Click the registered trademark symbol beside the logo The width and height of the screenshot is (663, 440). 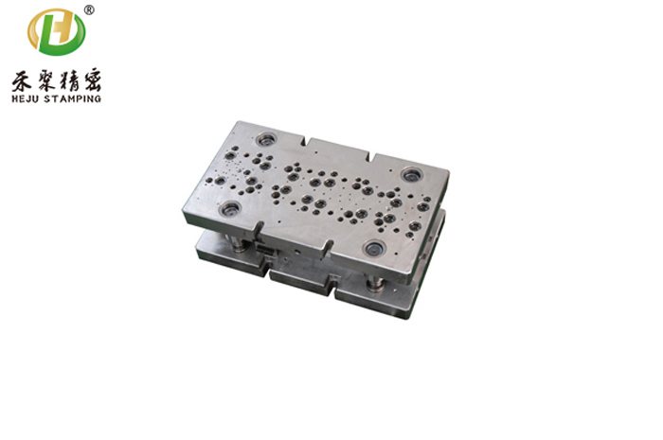click(x=89, y=9)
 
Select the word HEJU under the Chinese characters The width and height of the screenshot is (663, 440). click(x=26, y=99)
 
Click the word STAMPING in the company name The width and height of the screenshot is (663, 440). click(x=73, y=99)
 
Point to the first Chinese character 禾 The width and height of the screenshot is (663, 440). click(x=22, y=80)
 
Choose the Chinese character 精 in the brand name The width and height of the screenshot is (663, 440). click(x=68, y=79)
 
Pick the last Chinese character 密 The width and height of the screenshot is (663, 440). click(x=91, y=79)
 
